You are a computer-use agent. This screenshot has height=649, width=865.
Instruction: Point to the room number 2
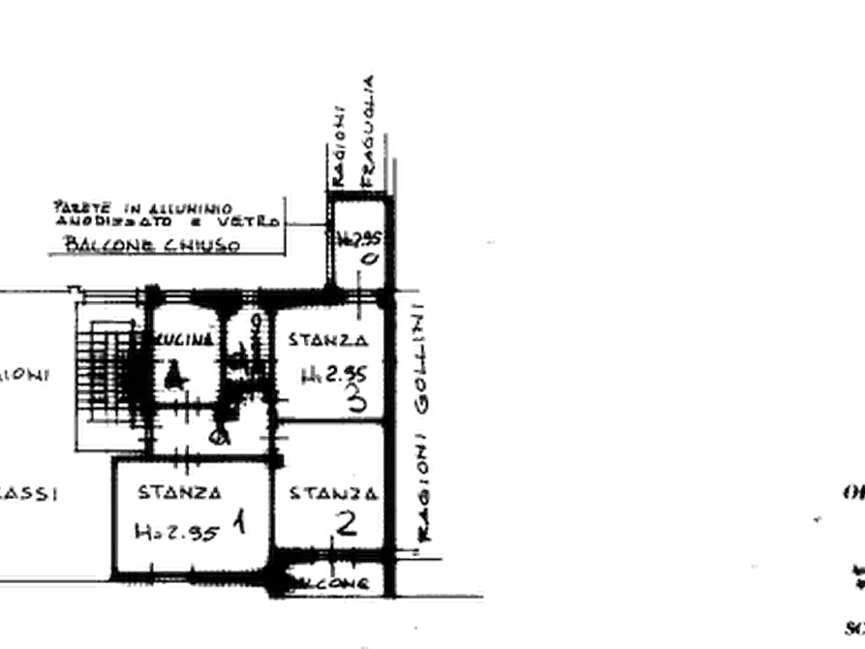[347, 524]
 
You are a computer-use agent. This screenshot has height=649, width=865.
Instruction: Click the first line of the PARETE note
[139, 206]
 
